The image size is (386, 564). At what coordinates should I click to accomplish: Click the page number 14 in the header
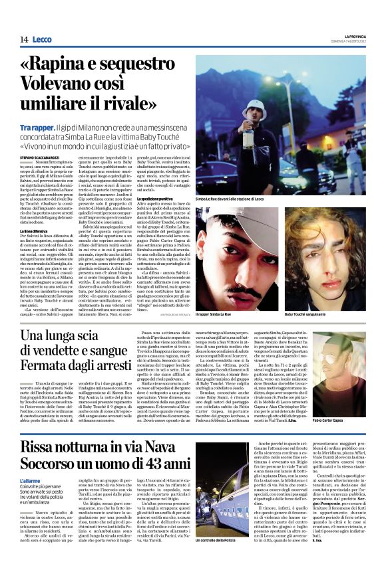23,41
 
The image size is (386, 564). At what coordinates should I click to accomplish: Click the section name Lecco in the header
41,41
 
